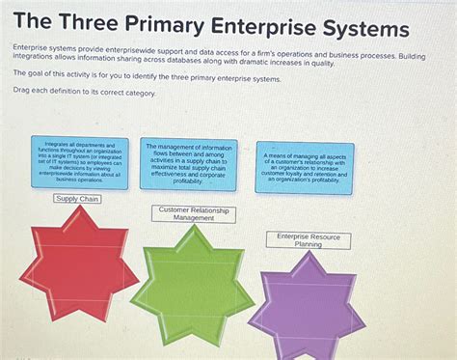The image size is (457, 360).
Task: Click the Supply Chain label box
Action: tap(78, 199)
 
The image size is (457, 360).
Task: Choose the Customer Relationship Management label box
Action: tap(194, 214)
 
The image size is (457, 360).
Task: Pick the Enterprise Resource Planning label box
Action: tap(309, 240)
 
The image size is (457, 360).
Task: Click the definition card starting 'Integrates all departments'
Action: tap(79, 161)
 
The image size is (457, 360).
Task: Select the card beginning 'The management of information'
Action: tap(189, 161)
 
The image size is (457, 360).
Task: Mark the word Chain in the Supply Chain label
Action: tap(90, 199)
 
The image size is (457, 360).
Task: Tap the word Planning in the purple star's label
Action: tap(309, 245)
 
